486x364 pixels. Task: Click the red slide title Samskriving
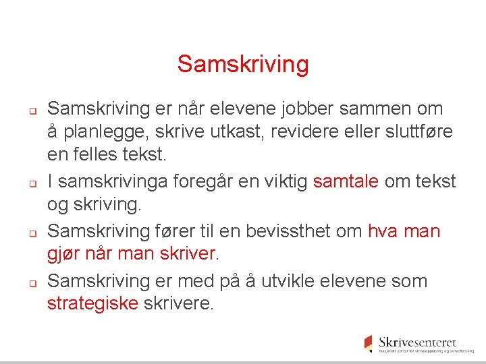tap(243, 65)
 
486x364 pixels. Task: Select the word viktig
tap(284, 181)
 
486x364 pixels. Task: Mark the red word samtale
tap(346, 181)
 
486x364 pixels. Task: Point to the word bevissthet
tap(283, 231)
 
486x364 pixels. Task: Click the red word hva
tap(383, 231)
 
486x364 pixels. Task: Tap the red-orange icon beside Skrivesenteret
tap(368, 342)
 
